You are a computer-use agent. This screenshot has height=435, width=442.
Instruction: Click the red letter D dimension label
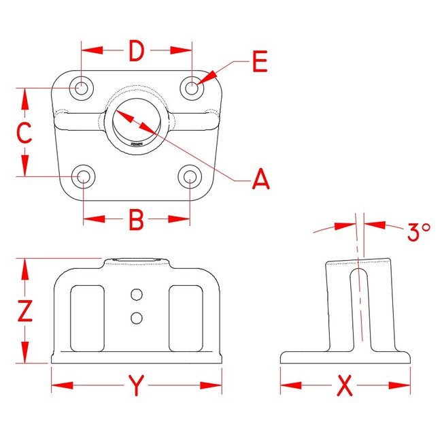click(136, 51)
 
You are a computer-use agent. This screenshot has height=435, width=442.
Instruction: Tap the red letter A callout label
click(261, 180)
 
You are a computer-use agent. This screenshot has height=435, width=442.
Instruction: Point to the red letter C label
click(24, 133)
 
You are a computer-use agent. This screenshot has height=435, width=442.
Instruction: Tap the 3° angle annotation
click(418, 232)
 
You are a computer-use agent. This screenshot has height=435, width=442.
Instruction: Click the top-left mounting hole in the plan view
click(82, 87)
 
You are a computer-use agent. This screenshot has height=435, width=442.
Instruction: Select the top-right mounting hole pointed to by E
click(192, 87)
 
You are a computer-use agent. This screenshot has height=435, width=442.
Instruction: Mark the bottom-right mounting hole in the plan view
click(190, 177)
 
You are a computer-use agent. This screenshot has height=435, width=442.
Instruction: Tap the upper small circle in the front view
click(137, 295)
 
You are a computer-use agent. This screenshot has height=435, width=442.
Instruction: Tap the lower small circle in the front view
click(137, 317)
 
